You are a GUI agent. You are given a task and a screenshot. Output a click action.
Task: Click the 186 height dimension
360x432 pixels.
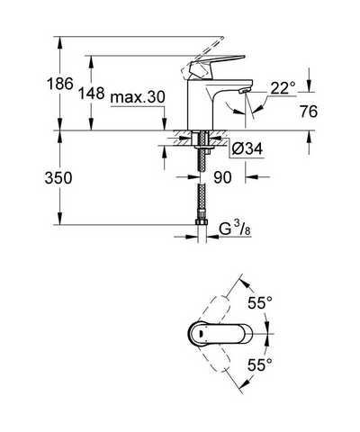coord(60,84)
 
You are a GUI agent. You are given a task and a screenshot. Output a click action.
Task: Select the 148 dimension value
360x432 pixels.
coord(92,94)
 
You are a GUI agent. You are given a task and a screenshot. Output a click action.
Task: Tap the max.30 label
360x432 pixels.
coord(138,97)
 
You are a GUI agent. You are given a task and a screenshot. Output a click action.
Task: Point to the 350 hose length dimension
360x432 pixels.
coord(58,178)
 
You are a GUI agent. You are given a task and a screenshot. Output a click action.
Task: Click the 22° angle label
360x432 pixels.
coord(283,88)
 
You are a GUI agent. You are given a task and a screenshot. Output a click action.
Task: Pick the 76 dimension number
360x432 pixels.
coord(309,112)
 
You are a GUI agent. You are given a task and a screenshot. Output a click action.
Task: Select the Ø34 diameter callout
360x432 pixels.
coord(247,148)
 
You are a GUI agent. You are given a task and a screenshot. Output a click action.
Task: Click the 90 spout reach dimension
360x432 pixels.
coord(222,177)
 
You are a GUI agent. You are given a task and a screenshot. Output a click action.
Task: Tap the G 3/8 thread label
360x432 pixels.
coord(235,229)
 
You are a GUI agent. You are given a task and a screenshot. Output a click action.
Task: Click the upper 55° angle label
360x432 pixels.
coord(260,302)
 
